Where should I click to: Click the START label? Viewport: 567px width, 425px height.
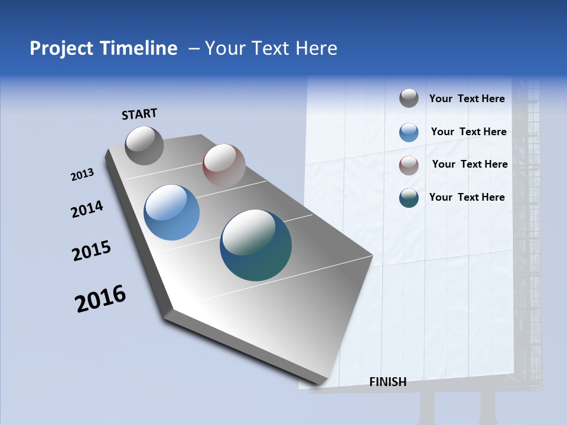coord(139,114)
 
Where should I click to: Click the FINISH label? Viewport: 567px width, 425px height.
coord(387,382)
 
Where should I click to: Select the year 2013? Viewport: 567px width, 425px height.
coord(83,175)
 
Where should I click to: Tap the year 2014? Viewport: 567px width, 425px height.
coord(87,209)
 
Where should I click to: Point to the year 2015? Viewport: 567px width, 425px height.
coord(92,251)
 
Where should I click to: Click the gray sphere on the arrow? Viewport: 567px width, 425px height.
coord(144,145)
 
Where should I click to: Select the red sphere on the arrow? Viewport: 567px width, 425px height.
coord(224,165)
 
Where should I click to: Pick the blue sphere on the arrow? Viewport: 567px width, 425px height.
coord(171,212)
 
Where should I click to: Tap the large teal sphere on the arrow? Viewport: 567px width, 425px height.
coord(256,245)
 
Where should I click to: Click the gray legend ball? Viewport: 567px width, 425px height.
coord(409,98)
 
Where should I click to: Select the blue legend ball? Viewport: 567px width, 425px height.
coord(409,132)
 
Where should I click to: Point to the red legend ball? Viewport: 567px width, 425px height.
coord(409,165)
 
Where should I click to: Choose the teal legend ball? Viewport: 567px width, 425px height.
coord(409,198)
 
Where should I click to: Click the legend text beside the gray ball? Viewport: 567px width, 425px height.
coord(467,99)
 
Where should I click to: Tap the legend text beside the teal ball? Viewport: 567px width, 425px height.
coord(467,197)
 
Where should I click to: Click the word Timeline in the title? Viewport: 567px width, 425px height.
coord(141,48)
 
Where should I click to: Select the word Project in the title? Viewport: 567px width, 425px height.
coord(60,48)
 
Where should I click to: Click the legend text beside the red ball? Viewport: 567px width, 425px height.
coord(470,164)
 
